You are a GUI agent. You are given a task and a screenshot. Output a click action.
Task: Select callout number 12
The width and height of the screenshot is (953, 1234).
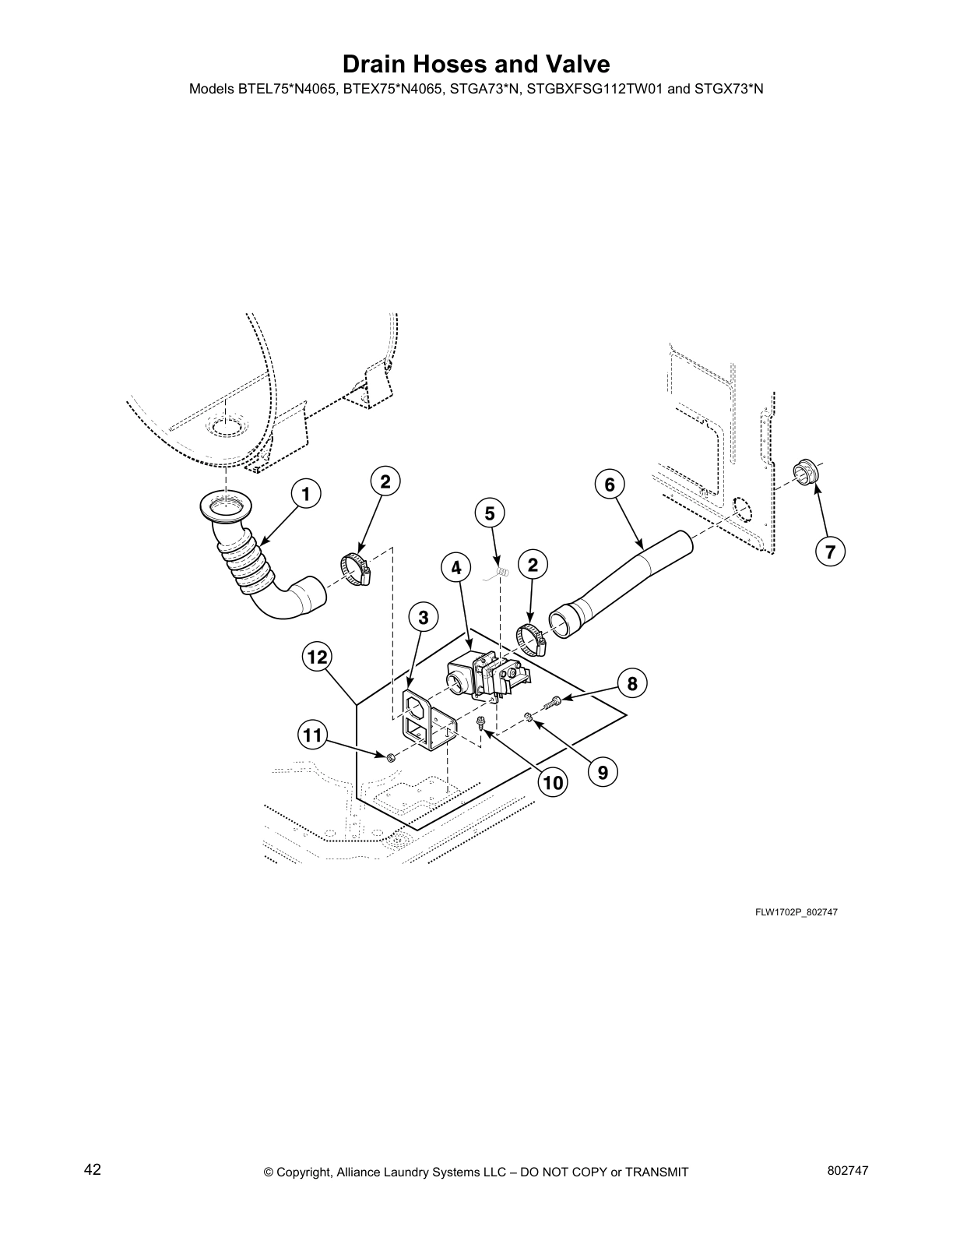click(x=317, y=657)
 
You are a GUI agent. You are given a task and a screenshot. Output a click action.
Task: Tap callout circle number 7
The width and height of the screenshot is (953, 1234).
click(x=831, y=552)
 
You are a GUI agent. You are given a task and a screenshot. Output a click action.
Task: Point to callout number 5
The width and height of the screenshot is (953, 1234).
click(x=490, y=513)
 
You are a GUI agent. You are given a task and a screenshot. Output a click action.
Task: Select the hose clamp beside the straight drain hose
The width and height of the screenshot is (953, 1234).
click(x=533, y=639)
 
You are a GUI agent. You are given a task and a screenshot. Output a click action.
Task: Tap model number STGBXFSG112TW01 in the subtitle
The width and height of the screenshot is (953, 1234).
click(x=595, y=89)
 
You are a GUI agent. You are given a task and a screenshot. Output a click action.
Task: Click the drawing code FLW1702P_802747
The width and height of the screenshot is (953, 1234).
click(x=795, y=912)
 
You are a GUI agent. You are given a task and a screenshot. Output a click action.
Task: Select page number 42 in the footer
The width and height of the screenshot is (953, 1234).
click(x=92, y=1169)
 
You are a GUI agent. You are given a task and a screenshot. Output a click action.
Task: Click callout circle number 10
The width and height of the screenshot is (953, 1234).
click(x=553, y=782)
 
